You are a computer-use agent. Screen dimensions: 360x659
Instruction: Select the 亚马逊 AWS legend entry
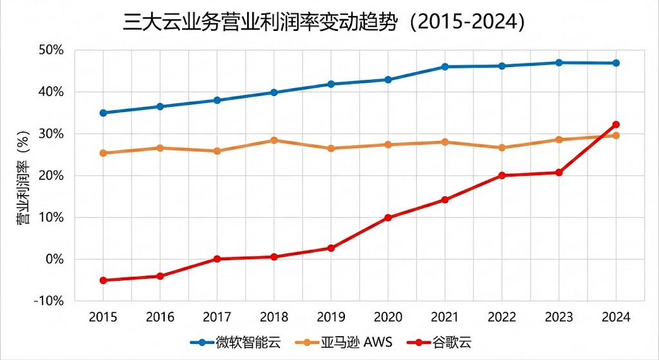(x=345, y=341)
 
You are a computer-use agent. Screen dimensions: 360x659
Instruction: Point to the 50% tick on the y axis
(x=51, y=50)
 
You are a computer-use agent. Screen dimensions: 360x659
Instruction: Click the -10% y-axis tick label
(x=50, y=301)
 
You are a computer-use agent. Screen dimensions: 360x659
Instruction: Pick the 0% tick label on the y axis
(x=55, y=260)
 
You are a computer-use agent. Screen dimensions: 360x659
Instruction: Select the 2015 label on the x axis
(x=103, y=317)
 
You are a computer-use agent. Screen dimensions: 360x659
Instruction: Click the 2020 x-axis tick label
(x=388, y=317)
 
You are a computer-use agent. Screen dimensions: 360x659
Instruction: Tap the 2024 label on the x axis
(x=616, y=317)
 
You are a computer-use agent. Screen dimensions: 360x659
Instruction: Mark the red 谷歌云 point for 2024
(x=616, y=124)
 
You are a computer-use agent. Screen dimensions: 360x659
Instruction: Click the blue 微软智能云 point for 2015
(x=103, y=113)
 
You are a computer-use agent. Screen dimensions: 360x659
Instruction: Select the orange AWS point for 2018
(x=274, y=140)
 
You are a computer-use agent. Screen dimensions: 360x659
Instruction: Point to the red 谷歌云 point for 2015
(x=103, y=280)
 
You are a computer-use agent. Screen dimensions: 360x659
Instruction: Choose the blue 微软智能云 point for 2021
(x=445, y=66)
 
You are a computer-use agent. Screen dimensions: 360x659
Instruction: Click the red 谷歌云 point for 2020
(x=388, y=218)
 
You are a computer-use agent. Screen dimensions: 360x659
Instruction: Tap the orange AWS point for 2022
(x=502, y=147)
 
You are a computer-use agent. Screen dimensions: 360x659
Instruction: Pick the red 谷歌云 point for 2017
(x=217, y=259)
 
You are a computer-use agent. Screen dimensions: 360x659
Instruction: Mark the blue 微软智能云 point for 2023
(x=559, y=62)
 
